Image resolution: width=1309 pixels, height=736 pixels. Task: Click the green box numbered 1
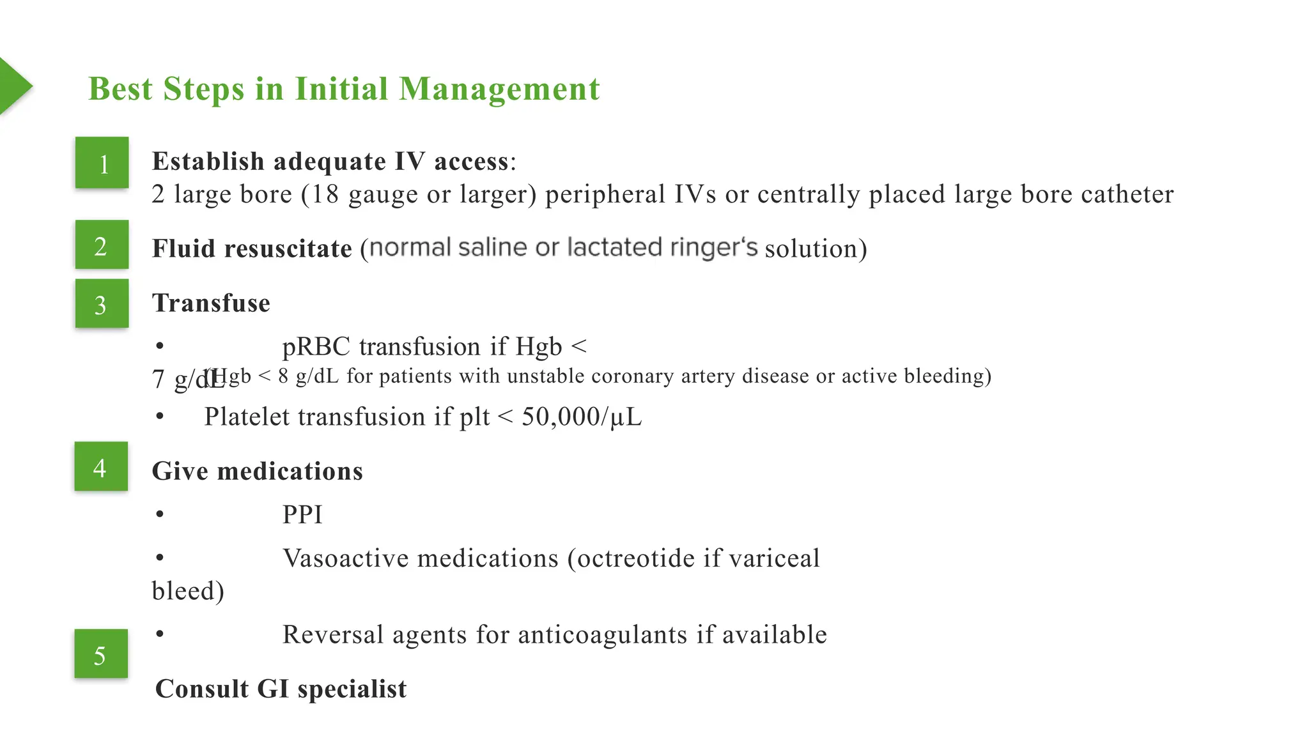click(102, 163)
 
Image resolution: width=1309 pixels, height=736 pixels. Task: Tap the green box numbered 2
click(102, 245)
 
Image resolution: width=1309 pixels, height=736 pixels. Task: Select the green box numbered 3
click(102, 303)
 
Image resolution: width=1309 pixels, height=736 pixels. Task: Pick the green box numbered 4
click(101, 466)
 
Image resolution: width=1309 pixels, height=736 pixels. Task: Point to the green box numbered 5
click(101, 654)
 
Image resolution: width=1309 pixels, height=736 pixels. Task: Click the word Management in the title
click(499, 89)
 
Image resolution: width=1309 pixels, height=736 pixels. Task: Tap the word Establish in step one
click(208, 161)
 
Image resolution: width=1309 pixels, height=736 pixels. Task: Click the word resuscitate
click(288, 249)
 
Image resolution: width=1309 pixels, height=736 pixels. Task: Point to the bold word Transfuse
click(211, 303)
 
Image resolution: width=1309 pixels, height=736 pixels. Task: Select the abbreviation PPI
click(302, 515)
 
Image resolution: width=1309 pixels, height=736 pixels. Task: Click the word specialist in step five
click(352, 689)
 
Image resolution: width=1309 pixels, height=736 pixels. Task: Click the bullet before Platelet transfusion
click(160, 417)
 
